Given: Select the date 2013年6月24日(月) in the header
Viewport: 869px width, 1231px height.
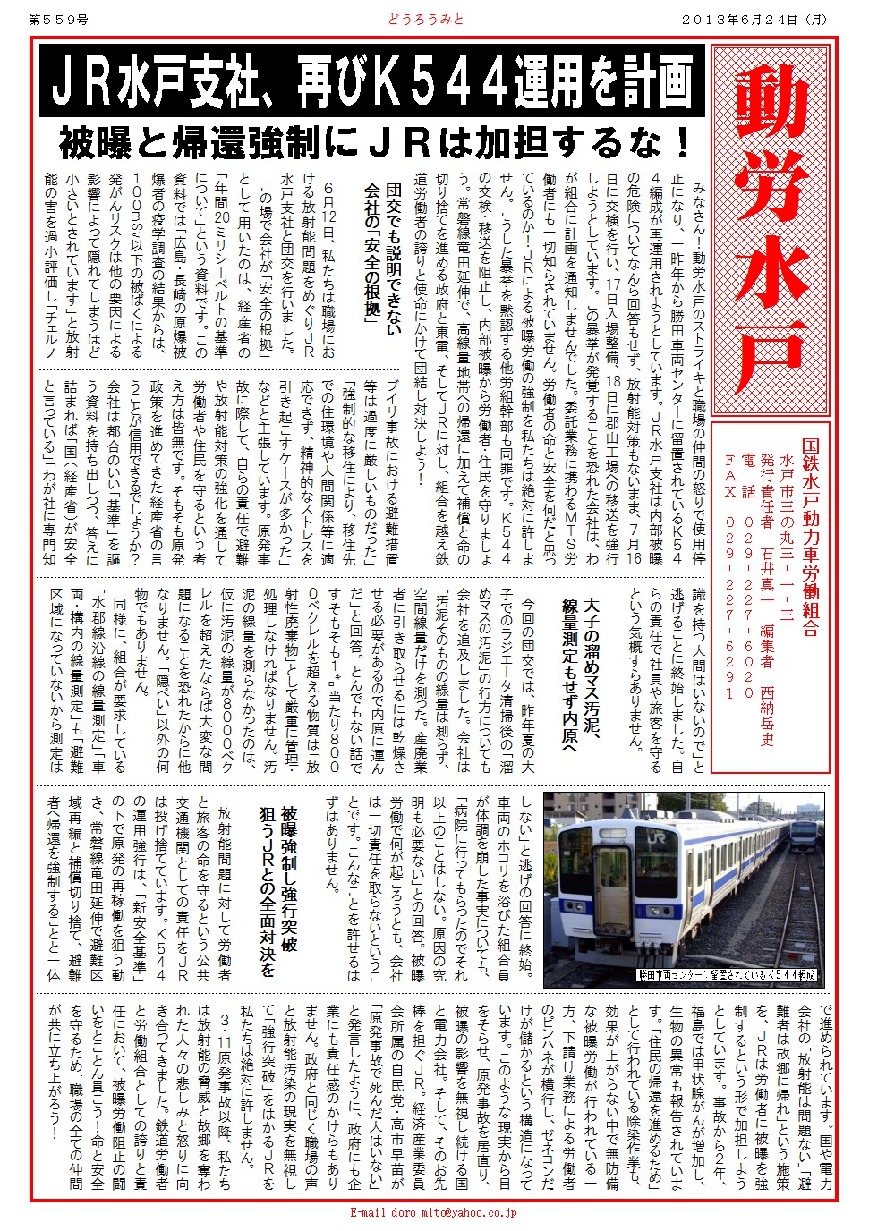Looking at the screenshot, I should [x=755, y=19].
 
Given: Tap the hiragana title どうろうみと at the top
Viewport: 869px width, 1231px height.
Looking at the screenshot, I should [x=426, y=19].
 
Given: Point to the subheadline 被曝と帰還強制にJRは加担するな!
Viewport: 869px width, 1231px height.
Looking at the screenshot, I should [x=375, y=142].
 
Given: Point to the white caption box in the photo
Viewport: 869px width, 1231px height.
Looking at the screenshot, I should [x=727, y=974].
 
